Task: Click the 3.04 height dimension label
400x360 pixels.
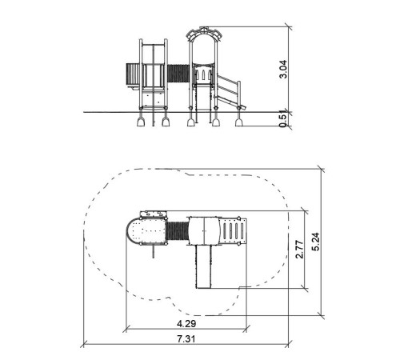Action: click(x=283, y=69)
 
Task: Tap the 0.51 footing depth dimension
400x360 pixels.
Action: click(x=283, y=119)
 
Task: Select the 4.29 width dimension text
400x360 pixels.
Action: click(x=186, y=323)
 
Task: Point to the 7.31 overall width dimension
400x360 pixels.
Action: click(x=186, y=338)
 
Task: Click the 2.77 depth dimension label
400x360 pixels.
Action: click(x=299, y=249)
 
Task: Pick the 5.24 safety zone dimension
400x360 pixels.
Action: click(x=315, y=242)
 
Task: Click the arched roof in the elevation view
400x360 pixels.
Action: click(x=204, y=34)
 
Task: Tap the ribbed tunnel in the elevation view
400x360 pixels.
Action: click(x=178, y=73)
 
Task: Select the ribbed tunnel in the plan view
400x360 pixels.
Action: click(x=177, y=231)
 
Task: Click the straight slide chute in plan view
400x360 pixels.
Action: click(x=204, y=266)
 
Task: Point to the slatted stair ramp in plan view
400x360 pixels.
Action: click(x=233, y=231)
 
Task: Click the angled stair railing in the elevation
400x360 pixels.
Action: click(x=228, y=91)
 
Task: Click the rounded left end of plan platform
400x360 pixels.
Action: click(x=131, y=231)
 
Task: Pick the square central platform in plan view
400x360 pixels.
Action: click(x=204, y=230)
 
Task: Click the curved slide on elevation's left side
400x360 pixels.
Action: click(x=132, y=74)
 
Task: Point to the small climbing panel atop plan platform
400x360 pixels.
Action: click(x=154, y=214)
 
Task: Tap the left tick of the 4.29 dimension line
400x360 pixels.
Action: click(x=126, y=329)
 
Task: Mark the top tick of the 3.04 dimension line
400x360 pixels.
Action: click(x=289, y=26)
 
